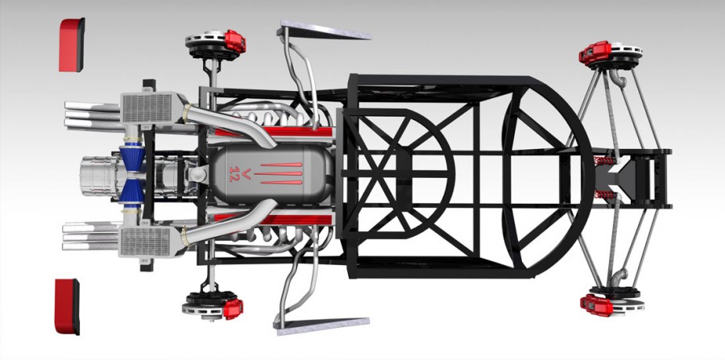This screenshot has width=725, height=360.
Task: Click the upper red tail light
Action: pos(72,45)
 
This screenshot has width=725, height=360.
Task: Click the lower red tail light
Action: pos(67,306)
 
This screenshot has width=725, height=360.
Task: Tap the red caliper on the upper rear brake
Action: pos(235,40)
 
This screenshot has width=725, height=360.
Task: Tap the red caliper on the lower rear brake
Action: pos(233,308)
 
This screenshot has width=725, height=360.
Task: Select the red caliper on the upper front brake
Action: pos(594,52)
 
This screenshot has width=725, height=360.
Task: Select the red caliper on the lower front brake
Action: pos(596,305)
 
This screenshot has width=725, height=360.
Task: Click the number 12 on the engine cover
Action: pos(234,174)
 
